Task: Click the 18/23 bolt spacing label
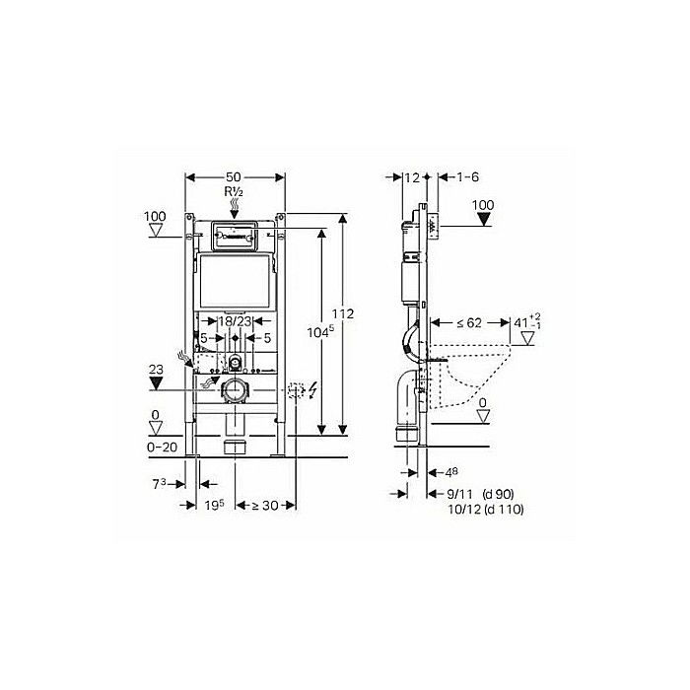234,321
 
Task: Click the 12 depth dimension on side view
411,177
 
